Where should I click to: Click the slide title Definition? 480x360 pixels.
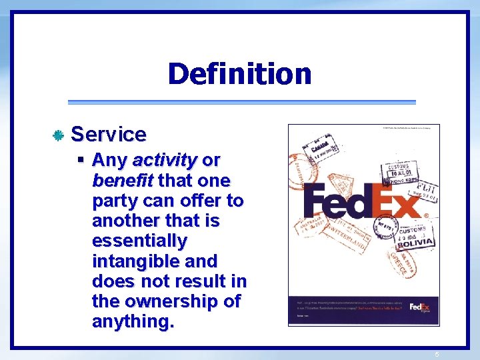click(x=239, y=73)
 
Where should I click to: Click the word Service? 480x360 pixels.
click(x=109, y=134)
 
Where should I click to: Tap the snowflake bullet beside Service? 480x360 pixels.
click(x=58, y=135)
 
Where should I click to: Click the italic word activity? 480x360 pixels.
click(x=164, y=161)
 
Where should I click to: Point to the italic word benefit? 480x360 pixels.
click(x=123, y=181)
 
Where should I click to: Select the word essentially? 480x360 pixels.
click(x=140, y=241)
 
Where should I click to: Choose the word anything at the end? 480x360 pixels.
click(x=133, y=322)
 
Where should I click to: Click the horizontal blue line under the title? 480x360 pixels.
click(x=241, y=102)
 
